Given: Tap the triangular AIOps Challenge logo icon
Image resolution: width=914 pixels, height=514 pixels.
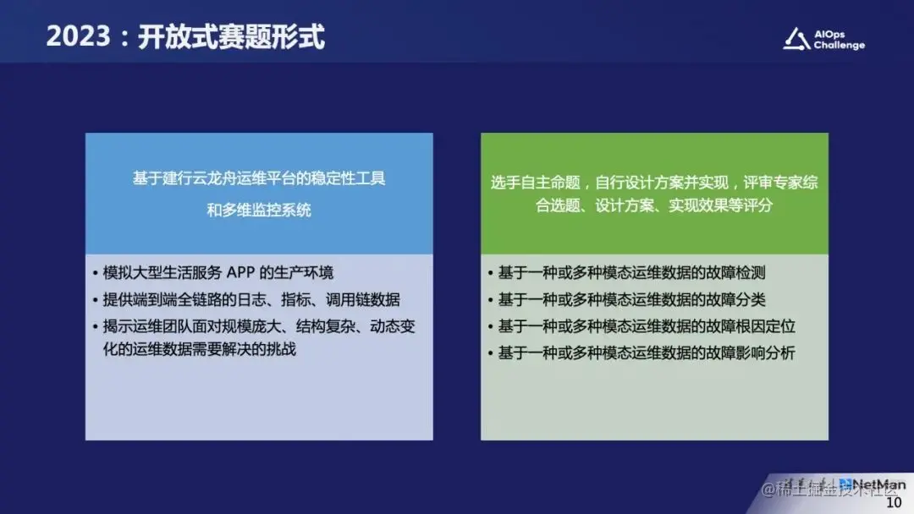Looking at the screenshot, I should [x=796, y=39].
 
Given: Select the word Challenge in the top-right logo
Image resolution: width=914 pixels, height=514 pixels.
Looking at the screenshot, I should [x=840, y=46].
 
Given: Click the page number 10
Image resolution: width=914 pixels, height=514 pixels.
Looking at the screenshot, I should [x=894, y=503].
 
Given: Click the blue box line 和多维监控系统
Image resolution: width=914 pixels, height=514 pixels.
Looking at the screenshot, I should [x=259, y=210].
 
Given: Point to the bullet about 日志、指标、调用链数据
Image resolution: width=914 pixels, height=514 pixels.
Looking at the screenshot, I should [x=251, y=299].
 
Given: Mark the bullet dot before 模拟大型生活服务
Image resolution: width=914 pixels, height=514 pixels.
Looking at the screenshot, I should [x=96, y=273].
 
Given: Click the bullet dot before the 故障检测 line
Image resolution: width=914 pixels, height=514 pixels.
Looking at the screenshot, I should [x=492, y=273].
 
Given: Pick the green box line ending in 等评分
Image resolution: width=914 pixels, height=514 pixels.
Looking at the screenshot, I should [x=654, y=205].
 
